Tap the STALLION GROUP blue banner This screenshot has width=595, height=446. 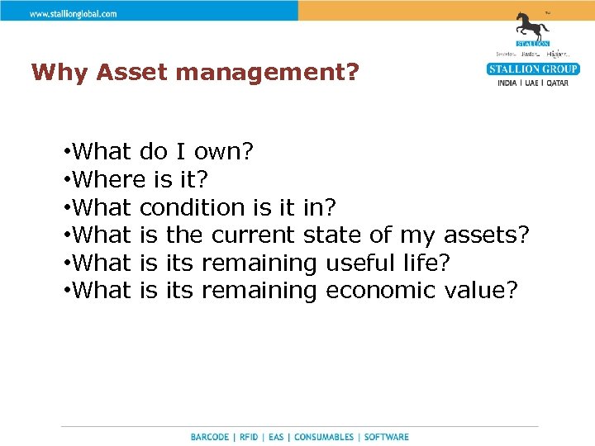pos(533,69)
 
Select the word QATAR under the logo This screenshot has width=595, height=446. pos(555,83)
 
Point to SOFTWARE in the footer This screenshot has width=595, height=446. pos(386,437)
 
